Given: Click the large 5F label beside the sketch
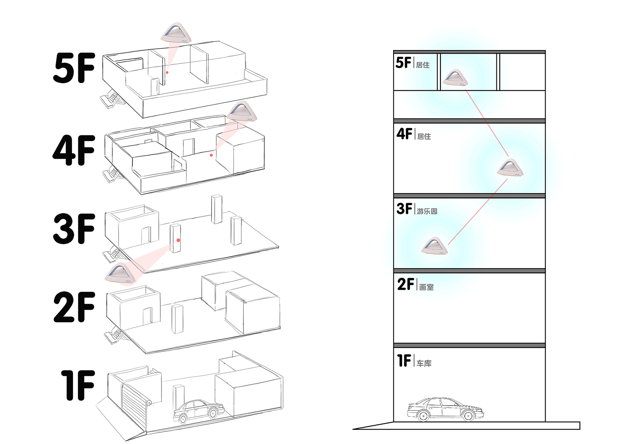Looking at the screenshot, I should tap(74, 68).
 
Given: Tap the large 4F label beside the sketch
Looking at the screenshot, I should tap(74, 150).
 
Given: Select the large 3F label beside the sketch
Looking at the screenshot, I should tap(74, 229).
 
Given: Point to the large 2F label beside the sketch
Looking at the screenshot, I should tap(74, 307).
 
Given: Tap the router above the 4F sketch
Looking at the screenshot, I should tap(242, 111).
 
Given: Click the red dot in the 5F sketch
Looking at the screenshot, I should tap(167, 72).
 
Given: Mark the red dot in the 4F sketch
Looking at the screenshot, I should tap(211, 155).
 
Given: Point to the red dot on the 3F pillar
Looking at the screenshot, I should tap(179, 240).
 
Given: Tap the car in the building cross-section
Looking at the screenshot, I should tap(445, 409).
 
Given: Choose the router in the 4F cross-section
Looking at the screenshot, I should tap(510, 168).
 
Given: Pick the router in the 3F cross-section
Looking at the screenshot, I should tap(434, 246).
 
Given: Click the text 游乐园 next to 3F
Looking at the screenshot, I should tap(427, 211).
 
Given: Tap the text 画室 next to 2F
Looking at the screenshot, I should tap(426, 287).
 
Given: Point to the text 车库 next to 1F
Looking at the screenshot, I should tap(424, 363).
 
